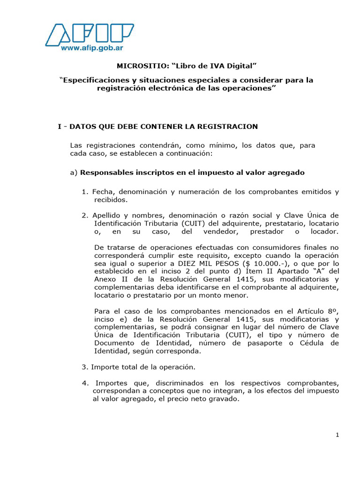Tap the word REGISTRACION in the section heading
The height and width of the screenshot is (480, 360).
[228, 127]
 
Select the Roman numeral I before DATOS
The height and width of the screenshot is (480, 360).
[60, 127]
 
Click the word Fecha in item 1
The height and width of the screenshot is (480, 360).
[103, 192]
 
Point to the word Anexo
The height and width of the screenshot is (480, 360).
[105, 279]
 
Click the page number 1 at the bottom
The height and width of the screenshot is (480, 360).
[337, 435]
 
